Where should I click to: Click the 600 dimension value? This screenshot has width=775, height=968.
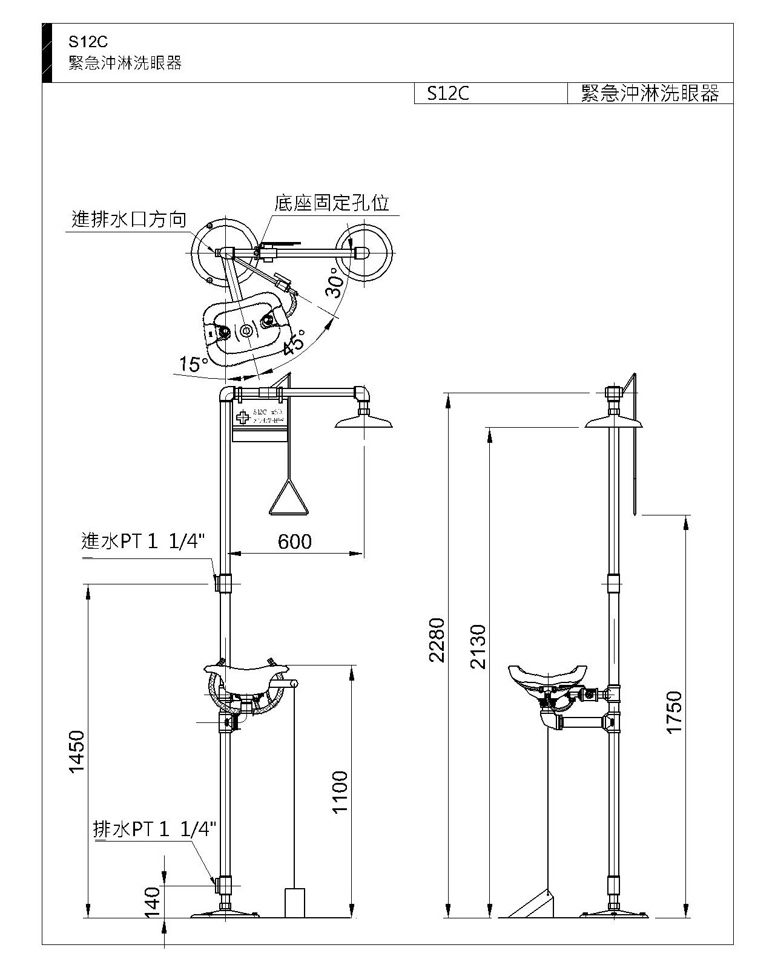[295, 541]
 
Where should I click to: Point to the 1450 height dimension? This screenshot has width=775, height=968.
[77, 752]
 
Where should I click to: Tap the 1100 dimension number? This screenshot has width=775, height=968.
[340, 792]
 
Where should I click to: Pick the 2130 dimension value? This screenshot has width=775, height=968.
[478, 646]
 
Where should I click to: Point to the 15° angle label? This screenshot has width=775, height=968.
[193, 364]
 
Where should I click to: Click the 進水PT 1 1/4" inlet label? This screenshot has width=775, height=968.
[143, 540]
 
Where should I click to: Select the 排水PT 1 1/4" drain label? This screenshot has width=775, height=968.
[154, 829]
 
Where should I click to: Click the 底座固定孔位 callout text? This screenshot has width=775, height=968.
[331, 203]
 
